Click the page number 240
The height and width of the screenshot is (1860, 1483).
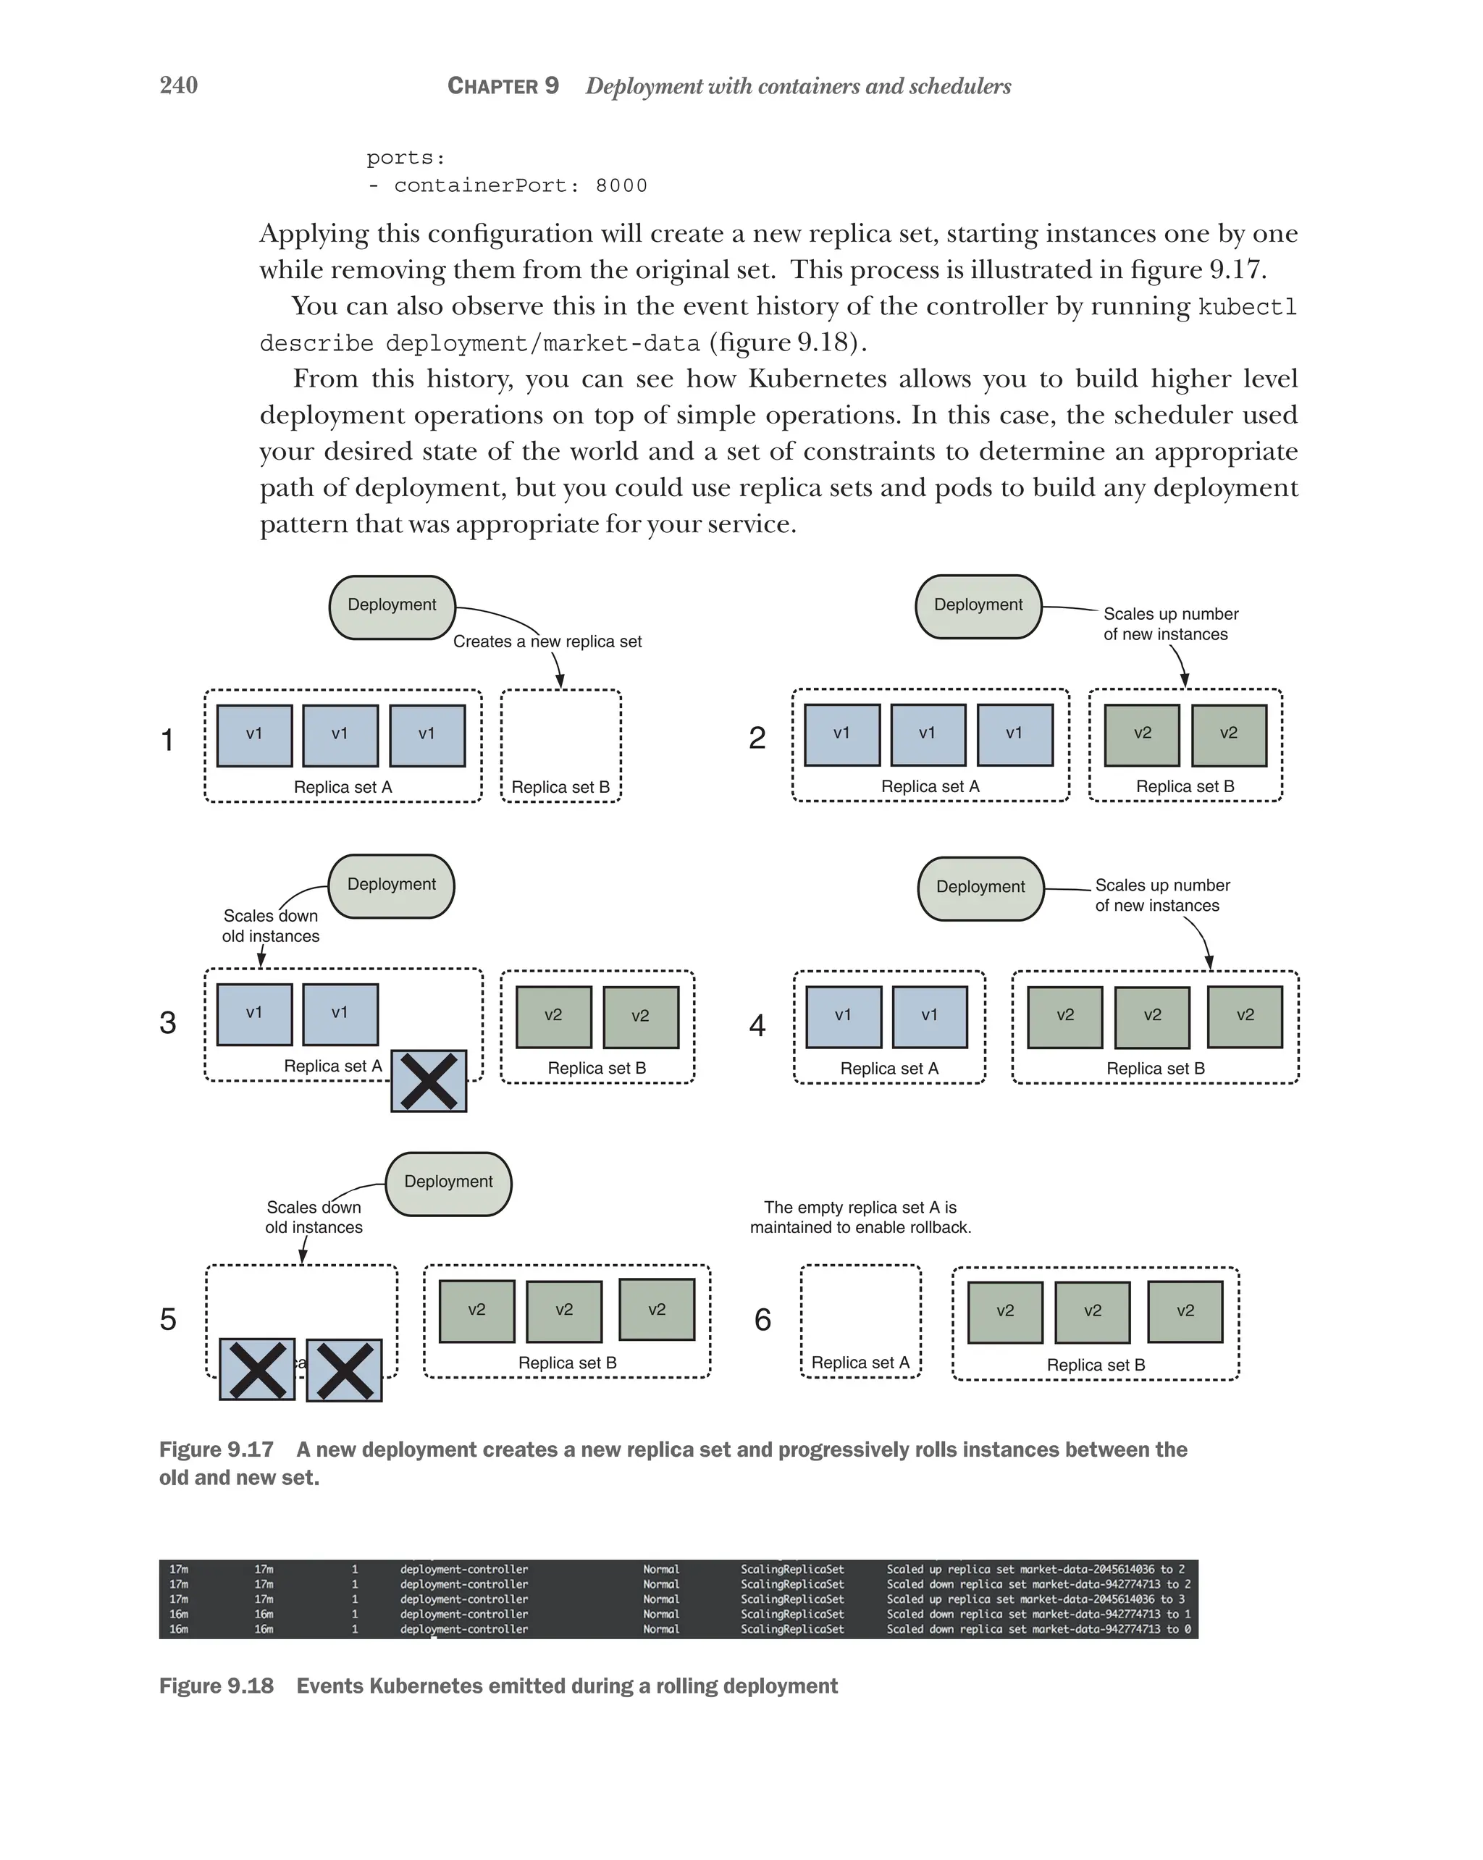pos(179,85)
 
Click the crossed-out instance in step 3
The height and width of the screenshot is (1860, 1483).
pos(429,1080)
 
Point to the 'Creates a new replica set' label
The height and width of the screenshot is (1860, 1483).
pos(547,641)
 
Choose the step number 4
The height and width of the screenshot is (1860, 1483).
pos(757,1025)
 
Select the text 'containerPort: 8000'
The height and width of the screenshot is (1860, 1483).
pos(520,185)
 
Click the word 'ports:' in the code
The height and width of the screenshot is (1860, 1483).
pos(406,158)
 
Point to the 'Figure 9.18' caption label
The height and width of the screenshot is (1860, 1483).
pos(216,1685)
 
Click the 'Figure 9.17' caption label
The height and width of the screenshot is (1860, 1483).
pos(216,1449)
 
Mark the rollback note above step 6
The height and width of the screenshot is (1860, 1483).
pos(860,1217)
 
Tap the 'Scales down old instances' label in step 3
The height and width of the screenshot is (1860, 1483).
pos(271,926)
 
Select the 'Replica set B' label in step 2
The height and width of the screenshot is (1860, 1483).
pos(1185,786)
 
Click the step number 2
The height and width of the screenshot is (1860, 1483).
pos(757,738)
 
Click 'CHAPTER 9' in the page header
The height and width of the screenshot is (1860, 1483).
pos(503,86)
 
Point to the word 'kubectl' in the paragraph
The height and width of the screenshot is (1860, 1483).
pos(1248,307)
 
